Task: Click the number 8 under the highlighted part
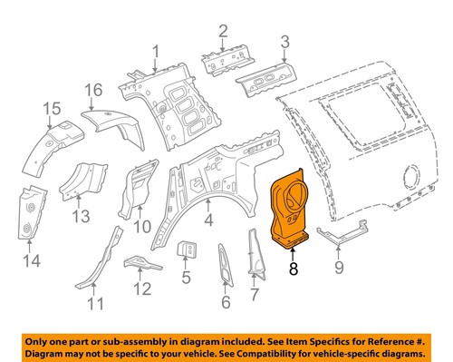pyautogui.click(x=293, y=269)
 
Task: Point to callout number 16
pyautogui.click(x=93, y=91)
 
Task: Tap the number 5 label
pyautogui.click(x=186, y=279)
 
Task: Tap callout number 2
pyautogui.click(x=223, y=34)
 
